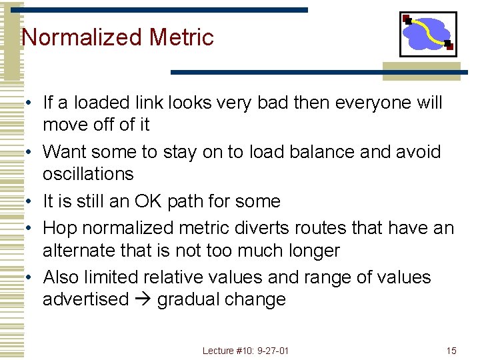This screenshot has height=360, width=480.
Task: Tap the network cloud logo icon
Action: click(428, 34)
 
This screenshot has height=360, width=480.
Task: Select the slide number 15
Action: click(451, 351)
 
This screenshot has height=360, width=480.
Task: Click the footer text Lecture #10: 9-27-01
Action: click(246, 351)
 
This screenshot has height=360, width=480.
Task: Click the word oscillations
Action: click(88, 174)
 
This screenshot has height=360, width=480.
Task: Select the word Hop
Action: click(60, 229)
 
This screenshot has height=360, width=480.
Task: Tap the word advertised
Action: click(85, 299)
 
